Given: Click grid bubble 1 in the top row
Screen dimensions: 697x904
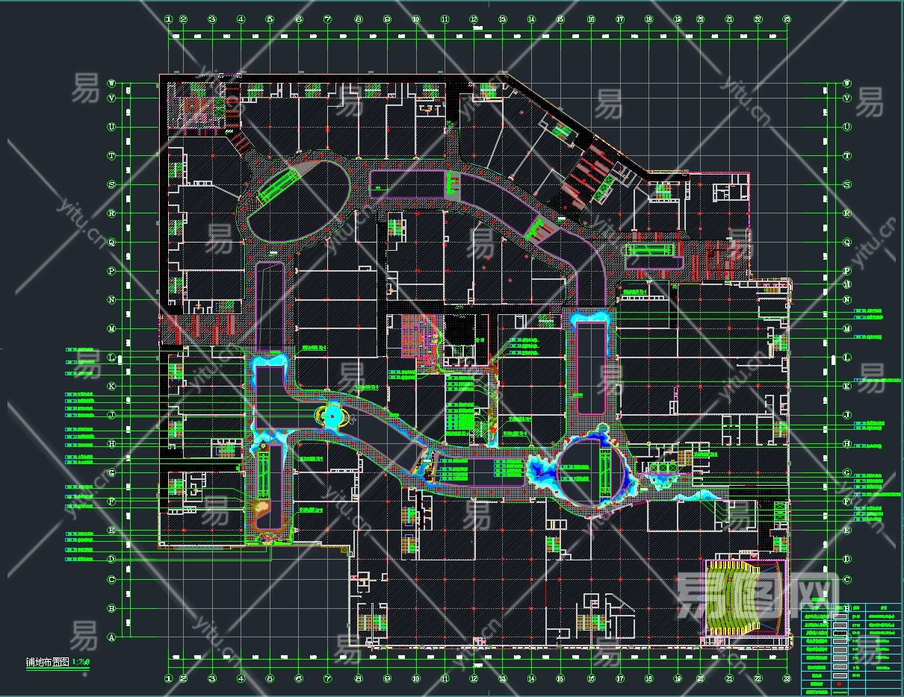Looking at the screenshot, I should (x=169, y=19).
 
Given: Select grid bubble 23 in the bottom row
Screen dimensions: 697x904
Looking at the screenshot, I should (x=787, y=678).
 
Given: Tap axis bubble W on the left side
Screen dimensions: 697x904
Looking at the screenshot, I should (x=112, y=84).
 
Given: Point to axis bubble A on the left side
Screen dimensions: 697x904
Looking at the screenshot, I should (x=112, y=637).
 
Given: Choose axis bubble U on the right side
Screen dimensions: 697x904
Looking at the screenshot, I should (x=846, y=127).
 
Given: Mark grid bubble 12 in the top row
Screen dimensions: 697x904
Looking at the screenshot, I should (x=474, y=19).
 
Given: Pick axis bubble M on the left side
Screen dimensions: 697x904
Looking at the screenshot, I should (x=112, y=328).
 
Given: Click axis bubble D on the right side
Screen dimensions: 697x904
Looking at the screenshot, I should (x=846, y=559).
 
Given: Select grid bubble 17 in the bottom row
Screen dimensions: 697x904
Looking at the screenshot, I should (x=619, y=678).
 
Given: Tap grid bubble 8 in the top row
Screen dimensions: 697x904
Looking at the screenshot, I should (x=358, y=19).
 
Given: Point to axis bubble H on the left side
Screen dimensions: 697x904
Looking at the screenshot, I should (x=112, y=444).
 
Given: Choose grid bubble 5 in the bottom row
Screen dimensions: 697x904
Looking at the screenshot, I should (x=270, y=678).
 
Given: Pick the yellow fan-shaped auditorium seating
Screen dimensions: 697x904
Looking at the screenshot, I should (x=740, y=601).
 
